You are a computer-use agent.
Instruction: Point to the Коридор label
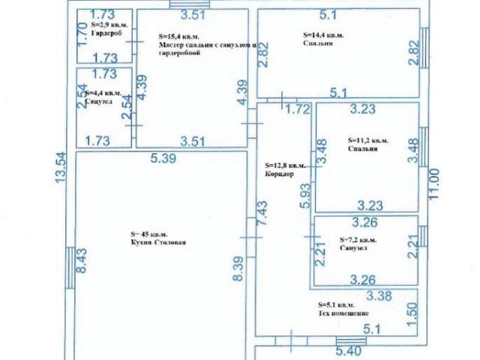coord(278,174)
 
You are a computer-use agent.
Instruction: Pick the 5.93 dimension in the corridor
coord(304,196)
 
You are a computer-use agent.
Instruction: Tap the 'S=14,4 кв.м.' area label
coord(323,35)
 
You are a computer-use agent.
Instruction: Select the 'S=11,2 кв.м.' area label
coord(367,139)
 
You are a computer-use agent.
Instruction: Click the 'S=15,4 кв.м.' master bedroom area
coord(179,35)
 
